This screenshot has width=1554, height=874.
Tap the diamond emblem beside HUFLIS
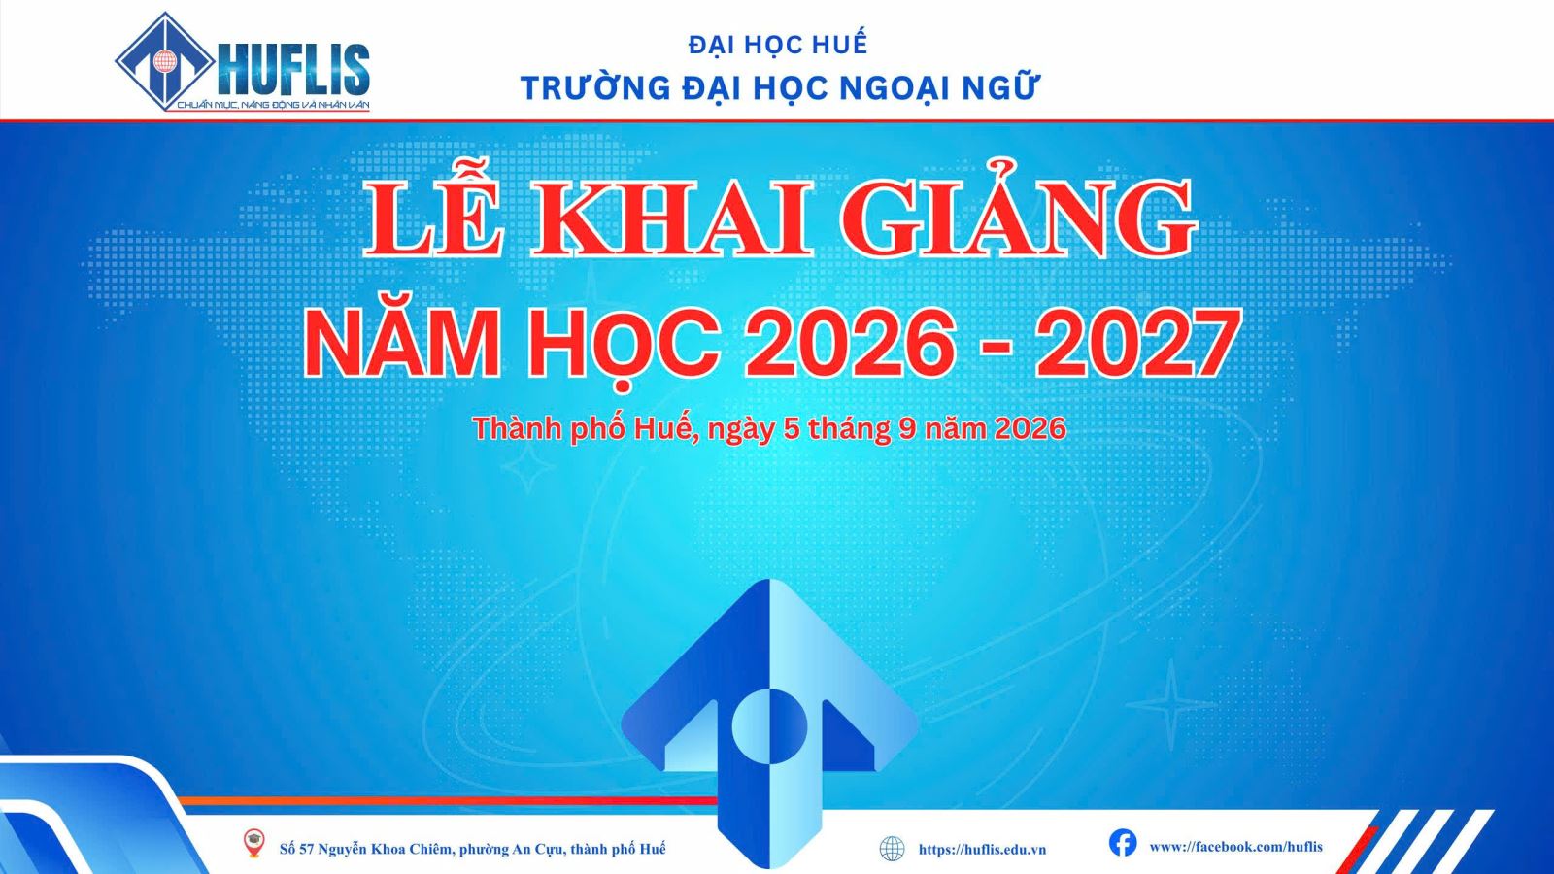point(164,62)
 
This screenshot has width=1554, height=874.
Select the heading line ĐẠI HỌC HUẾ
point(778,44)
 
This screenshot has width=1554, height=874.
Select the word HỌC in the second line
point(623,344)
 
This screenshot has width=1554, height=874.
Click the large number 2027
point(1137,344)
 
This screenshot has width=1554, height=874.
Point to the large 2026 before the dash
point(846,344)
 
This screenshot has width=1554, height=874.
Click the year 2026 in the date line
point(1030,428)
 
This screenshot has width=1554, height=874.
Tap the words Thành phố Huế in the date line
point(585,429)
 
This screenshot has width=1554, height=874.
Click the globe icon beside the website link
point(893,849)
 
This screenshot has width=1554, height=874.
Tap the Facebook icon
point(1123,843)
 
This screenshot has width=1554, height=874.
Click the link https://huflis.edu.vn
point(982,849)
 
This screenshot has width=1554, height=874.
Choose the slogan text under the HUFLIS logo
point(273,105)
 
